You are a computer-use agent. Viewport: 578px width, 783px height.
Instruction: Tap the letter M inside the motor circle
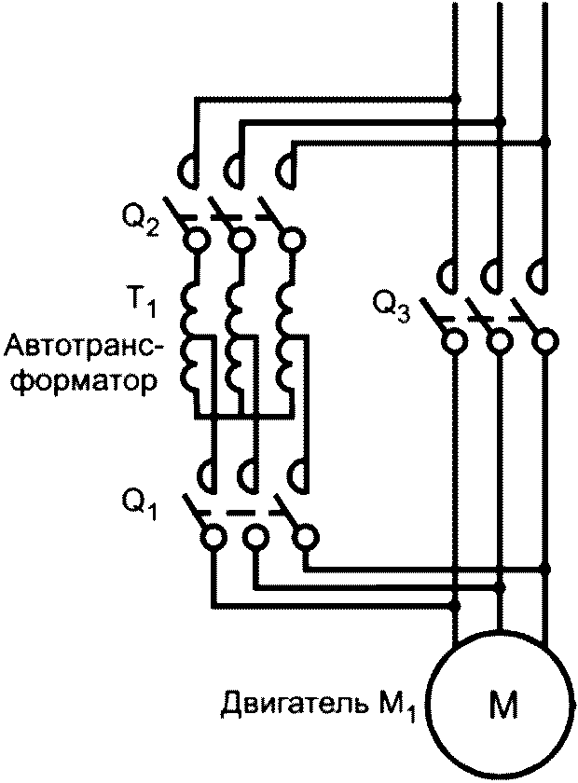point(502,706)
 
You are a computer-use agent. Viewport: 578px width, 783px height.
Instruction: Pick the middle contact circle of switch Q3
point(501,339)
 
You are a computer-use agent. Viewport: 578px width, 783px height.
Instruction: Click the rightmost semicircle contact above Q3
point(537,275)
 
